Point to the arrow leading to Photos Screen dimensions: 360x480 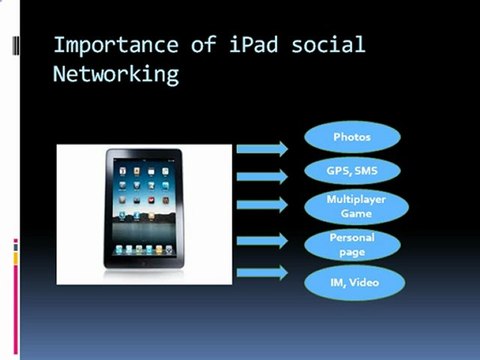point(262,149)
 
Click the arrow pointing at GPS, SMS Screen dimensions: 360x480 point(262,177)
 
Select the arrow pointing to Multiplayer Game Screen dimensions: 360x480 point(262,206)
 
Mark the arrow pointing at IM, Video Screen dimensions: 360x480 point(262,272)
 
